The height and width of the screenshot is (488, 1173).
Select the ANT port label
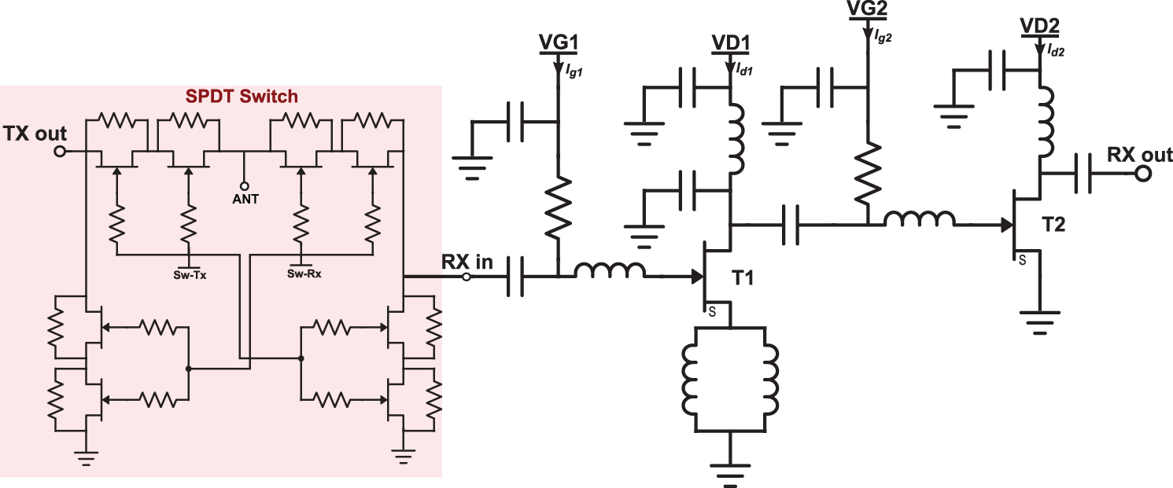coord(245,199)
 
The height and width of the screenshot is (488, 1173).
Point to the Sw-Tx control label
coord(188,275)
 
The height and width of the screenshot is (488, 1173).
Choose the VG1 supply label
coord(557,43)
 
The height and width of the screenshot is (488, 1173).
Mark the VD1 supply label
coord(731,43)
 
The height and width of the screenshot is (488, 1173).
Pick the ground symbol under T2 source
coord(1040,322)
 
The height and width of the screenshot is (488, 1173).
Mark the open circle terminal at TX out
coord(59,152)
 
